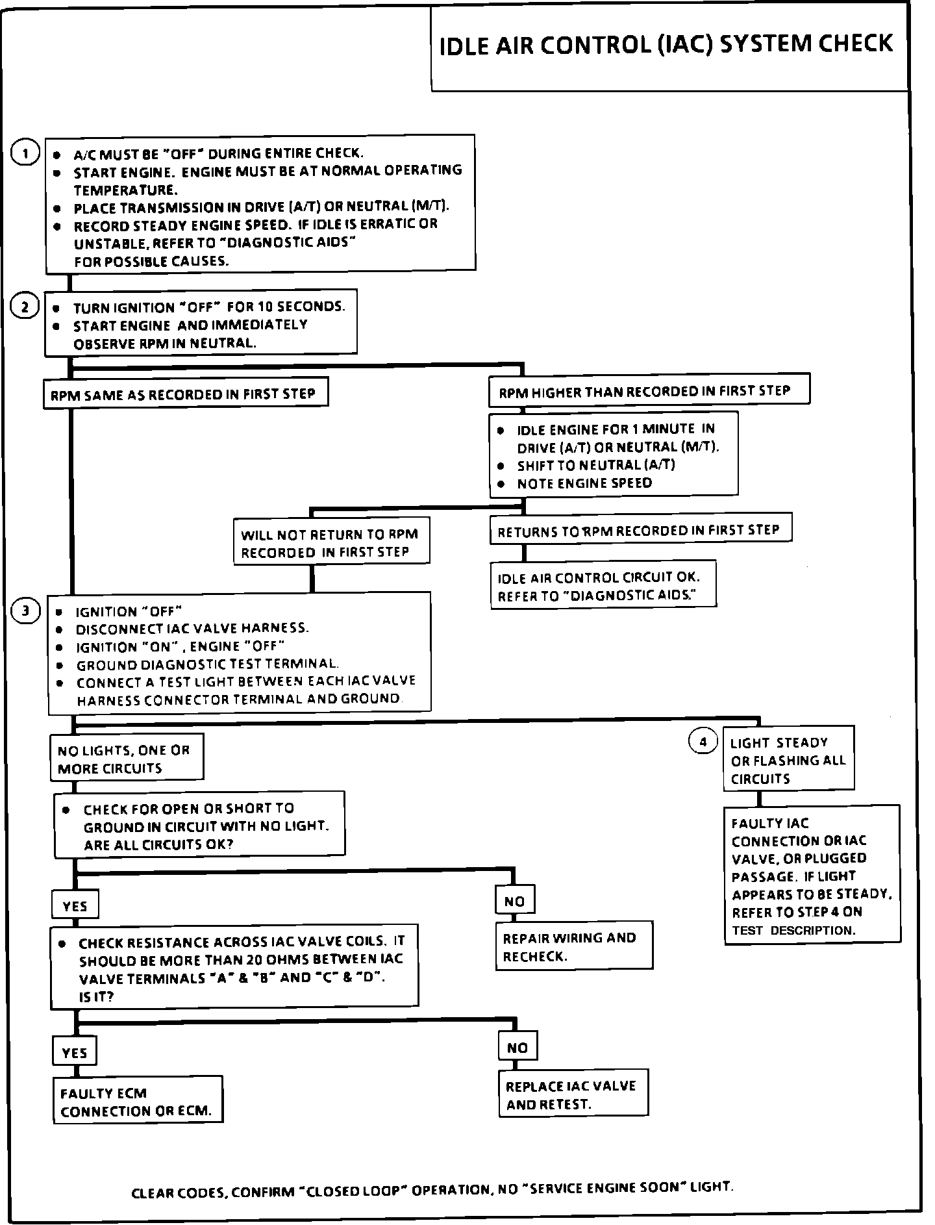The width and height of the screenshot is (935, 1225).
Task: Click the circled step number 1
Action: [25, 154]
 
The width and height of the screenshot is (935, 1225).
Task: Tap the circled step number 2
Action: [25, 307]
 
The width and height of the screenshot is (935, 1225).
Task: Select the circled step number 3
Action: [25, 611]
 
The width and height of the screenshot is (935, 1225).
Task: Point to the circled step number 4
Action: [703, 741]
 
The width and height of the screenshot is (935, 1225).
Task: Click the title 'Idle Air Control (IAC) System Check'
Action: [667, 45]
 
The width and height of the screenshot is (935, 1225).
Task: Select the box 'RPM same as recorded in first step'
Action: [185, 394]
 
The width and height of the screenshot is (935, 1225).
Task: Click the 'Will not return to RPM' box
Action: [331, 543]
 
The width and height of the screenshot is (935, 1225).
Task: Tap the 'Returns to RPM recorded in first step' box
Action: [640, 531]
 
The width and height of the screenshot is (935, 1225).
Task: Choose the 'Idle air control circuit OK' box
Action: [603, 587]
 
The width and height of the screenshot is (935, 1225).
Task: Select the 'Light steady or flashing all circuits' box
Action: [788, 761]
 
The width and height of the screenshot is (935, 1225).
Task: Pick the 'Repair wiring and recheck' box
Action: [573, 947]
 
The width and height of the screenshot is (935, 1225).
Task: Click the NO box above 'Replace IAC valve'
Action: [517, 1048]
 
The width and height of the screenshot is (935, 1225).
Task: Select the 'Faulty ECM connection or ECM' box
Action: [138, 1102]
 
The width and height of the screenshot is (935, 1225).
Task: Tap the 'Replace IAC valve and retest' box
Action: [573, 1095]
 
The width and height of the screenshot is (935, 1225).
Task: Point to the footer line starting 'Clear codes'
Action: [432, 1189]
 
